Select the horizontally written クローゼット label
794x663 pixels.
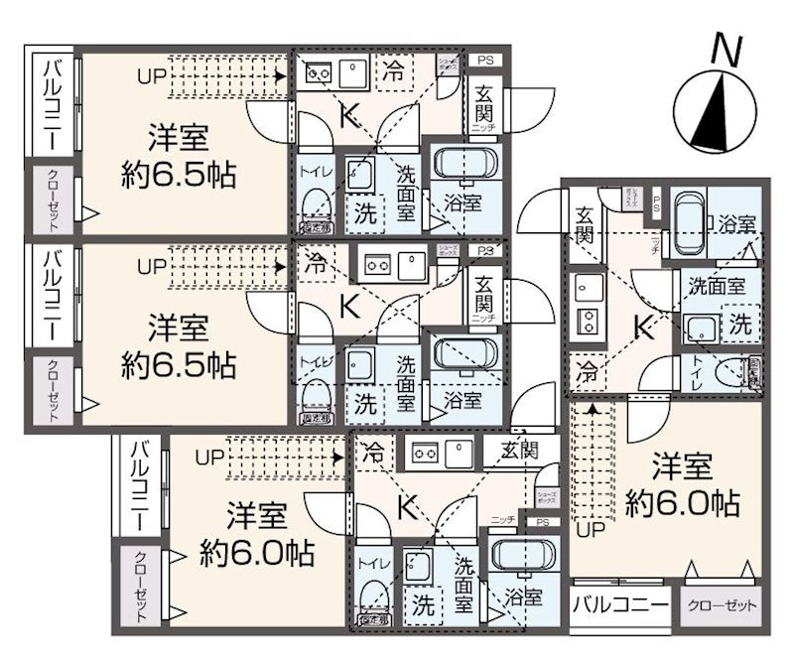722,604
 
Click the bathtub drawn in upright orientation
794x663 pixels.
687,223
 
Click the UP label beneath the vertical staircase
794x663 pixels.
591,527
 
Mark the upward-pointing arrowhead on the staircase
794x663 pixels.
593,407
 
